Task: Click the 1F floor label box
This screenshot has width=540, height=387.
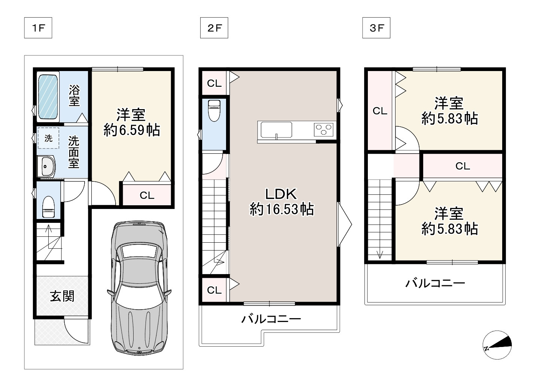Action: pyautogui.click(x=38, y=28)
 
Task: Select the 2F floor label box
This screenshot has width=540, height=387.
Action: pyautogui.click(x=214, y=28)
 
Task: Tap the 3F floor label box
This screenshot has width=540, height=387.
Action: pyautogui.click(x=376, y=28)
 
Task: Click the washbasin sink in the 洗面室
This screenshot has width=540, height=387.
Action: pyautogui.click(x=46, y=166)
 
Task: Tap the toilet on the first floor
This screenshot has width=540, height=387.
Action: pyautogui.click(x=49, y=206)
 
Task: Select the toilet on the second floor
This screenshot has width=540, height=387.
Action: pyautogui.click(x=214, y=111)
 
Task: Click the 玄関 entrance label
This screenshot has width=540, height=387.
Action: pyautogui.click(x=62, y=296)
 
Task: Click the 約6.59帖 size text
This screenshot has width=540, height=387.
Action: pyautogui.click(x=132, y=130)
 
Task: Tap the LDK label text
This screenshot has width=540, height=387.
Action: pyautogui.click(x=281, y=194)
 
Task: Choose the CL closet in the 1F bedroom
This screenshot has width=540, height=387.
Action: pyautogui.click(x=147, y=195)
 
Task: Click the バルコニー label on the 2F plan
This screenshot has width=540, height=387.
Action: pyautogui.click(x=271, y=319)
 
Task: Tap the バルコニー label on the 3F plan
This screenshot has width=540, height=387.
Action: pyautogui.click(x=435, y=283)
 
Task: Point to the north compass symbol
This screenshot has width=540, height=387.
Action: pyautogui.click(x=497, y=345)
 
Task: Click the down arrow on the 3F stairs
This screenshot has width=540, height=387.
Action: pyautogui.click(x=380, y=254)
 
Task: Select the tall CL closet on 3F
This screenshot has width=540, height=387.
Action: pyautogui.click(x=379, y=111)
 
